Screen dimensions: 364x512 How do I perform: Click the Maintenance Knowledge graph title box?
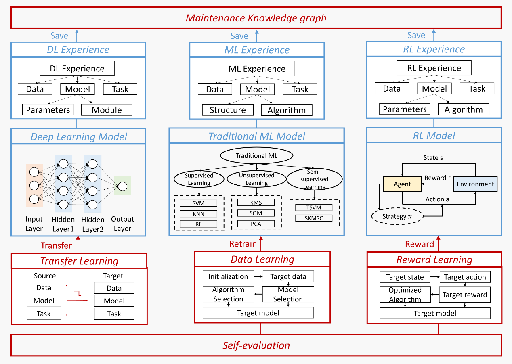256,18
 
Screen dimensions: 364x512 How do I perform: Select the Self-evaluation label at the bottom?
256,345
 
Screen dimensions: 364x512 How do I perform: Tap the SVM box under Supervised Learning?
199,203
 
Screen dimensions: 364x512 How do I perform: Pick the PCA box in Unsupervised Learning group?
256,224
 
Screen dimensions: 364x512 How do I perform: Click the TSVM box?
314,208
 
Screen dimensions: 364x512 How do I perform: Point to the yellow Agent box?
402,184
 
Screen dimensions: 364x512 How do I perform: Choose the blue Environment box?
475,184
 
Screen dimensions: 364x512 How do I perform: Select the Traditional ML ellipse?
256,156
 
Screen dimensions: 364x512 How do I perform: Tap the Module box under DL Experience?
107,110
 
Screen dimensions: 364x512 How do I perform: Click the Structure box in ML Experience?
228,110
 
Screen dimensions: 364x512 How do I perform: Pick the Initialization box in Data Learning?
228,276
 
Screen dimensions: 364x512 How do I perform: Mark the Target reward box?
464,295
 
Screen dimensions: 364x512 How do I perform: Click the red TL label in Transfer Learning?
78,293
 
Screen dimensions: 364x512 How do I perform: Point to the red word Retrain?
243,244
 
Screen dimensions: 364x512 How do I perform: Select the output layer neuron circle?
122,186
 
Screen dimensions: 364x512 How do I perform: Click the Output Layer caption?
122,224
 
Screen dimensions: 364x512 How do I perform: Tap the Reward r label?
434,178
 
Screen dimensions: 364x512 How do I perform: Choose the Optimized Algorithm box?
405,295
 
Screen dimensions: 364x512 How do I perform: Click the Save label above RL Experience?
416,35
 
